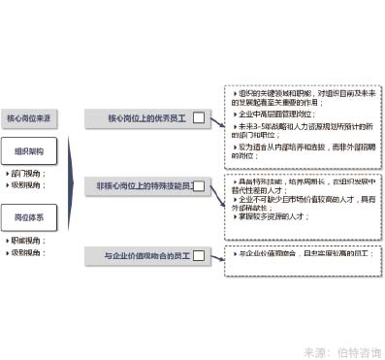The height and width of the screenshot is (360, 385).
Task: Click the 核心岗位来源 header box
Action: click(35, 118)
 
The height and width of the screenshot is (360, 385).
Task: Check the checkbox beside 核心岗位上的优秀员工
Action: click(199, 118)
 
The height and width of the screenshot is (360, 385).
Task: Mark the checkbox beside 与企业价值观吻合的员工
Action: click(199, 255)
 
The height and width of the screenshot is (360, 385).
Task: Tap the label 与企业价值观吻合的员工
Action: click(148, 255)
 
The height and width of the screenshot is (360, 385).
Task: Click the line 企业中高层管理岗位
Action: click(281, 114)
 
